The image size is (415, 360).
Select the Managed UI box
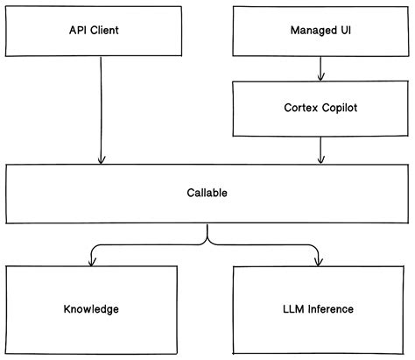click(x=321, y=30)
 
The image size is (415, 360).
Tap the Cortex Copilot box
click(x=321, y=108)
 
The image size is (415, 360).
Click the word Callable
click(x=207, y=192)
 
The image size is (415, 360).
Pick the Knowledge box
click(x=91, y=309)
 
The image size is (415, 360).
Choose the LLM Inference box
click(x=320, y=309)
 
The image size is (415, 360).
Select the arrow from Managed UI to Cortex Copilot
click(x=321, y=68)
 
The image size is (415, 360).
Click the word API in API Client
click(x=78, y=31)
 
